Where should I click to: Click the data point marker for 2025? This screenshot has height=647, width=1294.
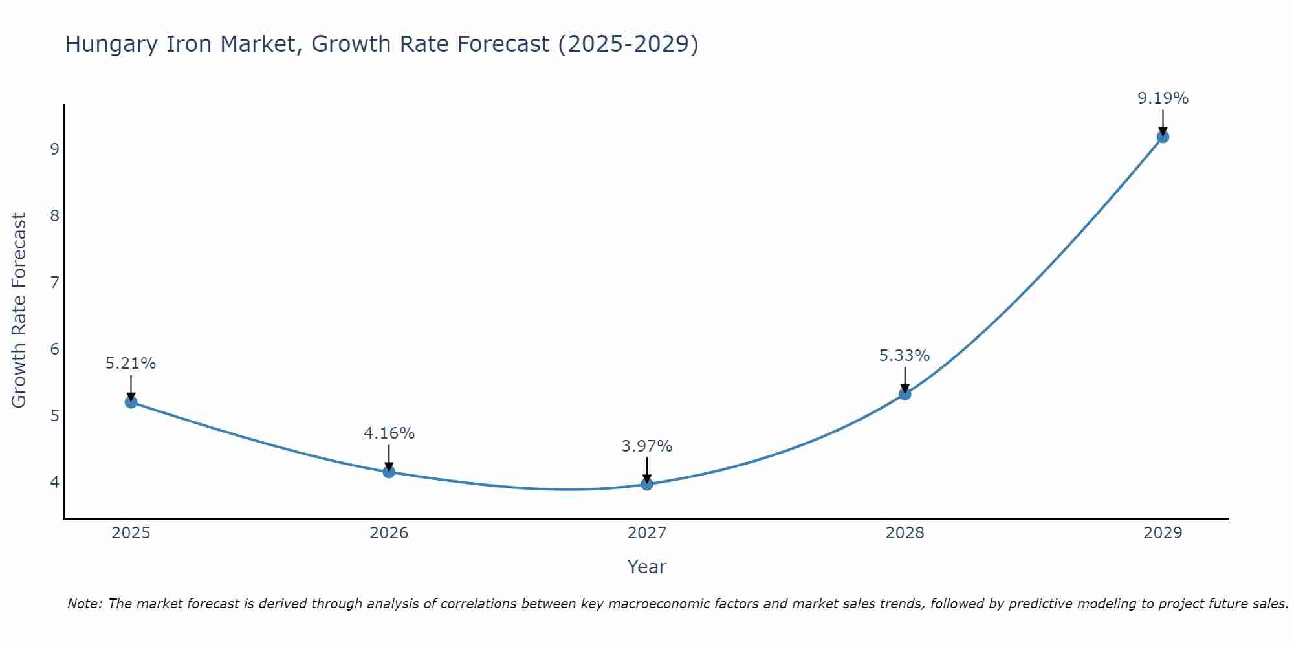tap(131, 402)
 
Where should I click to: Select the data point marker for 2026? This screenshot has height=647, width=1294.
tap(389, 472)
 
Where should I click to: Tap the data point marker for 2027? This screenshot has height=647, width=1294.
tap(647, 484)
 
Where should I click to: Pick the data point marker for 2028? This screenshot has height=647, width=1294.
tap(905, 393)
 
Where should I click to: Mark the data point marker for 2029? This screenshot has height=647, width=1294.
tap(1163, 137)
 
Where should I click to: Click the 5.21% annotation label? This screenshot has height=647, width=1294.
tap(131, 364)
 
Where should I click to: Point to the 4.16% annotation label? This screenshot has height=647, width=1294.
tap(389, 433)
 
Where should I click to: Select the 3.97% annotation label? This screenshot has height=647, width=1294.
tap(647, 446)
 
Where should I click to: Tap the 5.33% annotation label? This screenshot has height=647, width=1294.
tap(905, 356)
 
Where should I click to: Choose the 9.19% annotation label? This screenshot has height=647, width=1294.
tap(1163, 98)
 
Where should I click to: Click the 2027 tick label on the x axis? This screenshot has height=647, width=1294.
tap(647, 533)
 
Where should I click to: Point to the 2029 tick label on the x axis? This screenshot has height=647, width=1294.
tap(1163, 533)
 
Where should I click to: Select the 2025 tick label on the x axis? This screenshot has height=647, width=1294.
tap(131, 533)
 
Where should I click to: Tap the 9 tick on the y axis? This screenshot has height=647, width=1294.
tap(54, 149)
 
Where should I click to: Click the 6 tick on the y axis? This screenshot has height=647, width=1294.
tap(54, 349)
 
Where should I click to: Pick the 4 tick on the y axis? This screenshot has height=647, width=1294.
tap(54, 483)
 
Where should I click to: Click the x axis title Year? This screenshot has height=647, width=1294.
tap(646, 567)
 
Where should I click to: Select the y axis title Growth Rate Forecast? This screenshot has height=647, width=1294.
tap(19, 311)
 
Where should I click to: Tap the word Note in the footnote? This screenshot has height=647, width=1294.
tap(84, 604)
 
